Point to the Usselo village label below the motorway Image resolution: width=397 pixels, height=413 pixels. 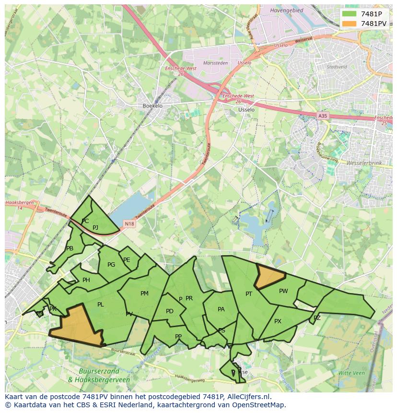point(246,109)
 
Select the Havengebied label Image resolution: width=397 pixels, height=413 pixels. point(287,10)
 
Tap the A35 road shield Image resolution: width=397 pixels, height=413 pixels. point(323,116)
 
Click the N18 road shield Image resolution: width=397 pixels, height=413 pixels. point(129,224)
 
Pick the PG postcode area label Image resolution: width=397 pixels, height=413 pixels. point(111,264)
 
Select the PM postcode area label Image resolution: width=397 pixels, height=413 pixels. point(144,294)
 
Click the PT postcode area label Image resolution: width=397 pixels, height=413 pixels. point(249,294)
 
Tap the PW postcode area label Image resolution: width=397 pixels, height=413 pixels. point(283,291)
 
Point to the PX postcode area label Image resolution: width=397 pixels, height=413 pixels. point(278,321)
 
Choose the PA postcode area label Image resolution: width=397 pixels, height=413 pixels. point(221,309)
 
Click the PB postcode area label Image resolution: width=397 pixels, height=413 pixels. point(70,248)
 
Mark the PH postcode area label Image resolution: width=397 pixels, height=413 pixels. point(86,280)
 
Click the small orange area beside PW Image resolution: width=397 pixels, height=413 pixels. point(269,277)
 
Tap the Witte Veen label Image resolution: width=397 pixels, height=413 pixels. point(351,373)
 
